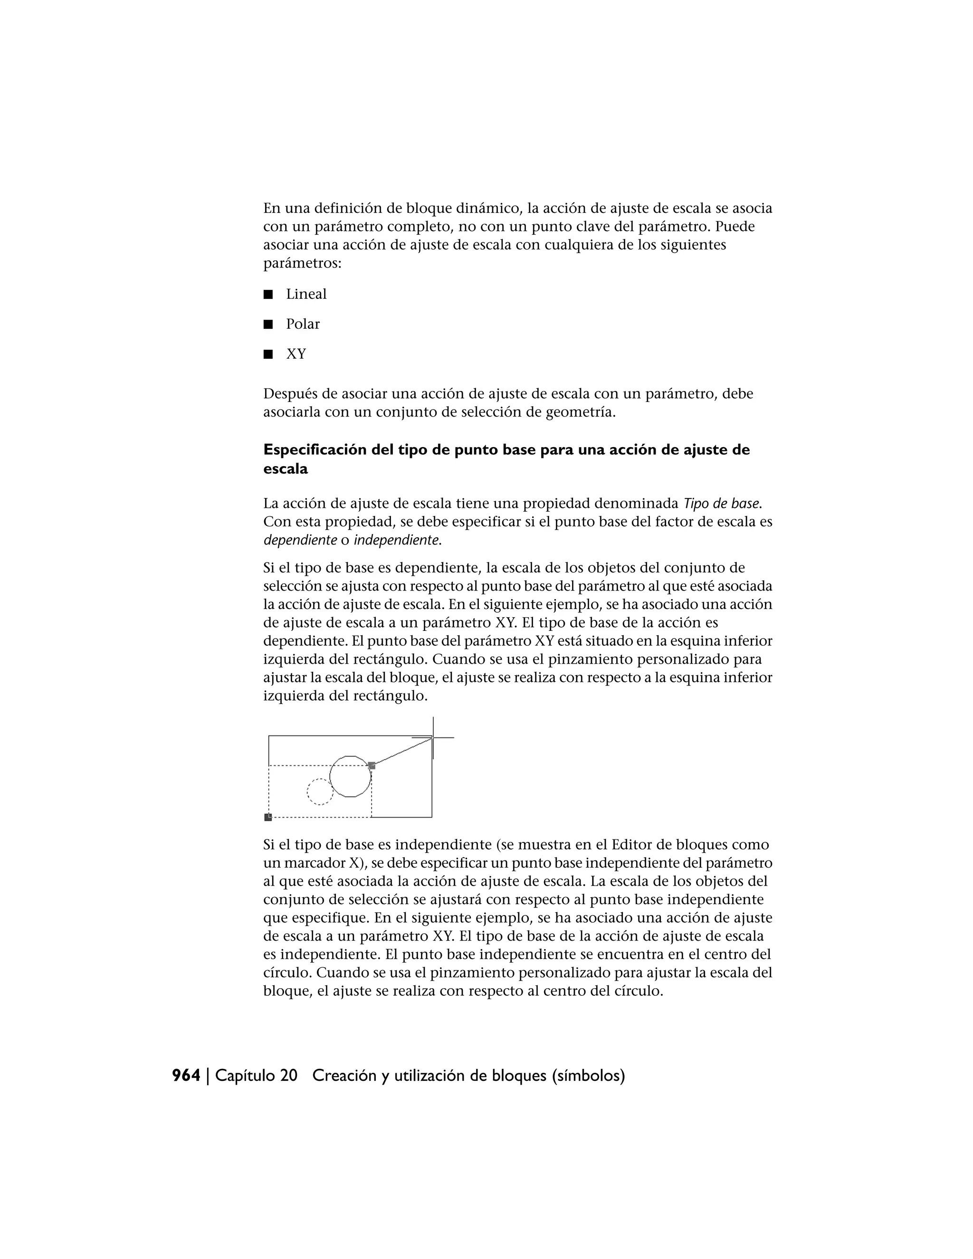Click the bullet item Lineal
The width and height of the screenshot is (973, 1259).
coord(306,294)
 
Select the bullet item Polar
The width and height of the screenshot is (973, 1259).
coord(303,324)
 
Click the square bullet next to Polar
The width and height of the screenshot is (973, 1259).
coord(267,324)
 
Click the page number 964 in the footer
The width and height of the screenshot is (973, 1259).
coord(186,1076)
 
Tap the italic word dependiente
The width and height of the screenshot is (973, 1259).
coord(300,541)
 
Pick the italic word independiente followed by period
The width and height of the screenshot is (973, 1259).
coord(397,541)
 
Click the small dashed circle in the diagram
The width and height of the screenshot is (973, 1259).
coord(320,792)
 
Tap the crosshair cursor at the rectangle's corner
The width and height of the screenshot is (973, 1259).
coord(433,737)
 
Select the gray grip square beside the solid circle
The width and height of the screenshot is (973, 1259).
coord(372,765)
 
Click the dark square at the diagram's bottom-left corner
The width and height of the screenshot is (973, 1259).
coord(268,817)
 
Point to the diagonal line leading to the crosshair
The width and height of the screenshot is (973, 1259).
coord(402,752)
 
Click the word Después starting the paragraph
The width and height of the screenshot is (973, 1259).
coord(288,394)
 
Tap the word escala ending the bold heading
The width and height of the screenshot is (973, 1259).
coord(286,469)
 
